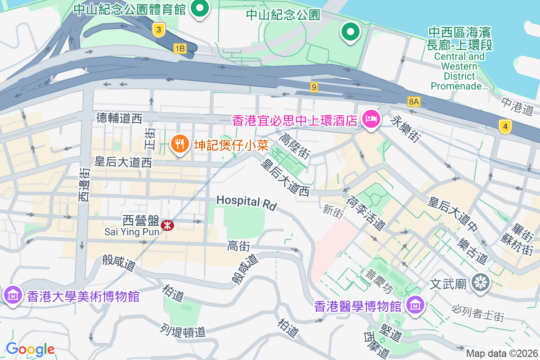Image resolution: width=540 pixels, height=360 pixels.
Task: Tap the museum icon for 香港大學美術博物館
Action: coord(13,295)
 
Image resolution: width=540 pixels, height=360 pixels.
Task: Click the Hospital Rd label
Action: coord(246,202)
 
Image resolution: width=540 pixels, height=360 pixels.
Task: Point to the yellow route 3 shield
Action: coord(158,30)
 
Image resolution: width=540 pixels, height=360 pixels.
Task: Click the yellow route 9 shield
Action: coord(314,87)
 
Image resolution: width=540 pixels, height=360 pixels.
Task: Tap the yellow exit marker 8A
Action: coord(414,102)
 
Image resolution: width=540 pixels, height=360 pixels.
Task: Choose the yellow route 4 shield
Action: coord(505,127)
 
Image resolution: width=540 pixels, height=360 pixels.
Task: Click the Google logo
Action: coord(30,349)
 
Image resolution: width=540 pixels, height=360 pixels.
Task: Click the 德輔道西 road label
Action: coord(119,118)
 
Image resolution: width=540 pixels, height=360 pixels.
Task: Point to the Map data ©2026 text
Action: coord(501,353)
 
